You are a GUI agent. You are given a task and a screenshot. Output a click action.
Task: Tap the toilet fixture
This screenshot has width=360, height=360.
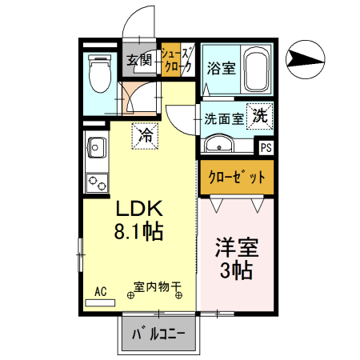pyautogui.click(x=100, y=74)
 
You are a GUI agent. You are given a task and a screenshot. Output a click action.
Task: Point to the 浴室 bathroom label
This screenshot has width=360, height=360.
pyautogui.click(x=221, y=68)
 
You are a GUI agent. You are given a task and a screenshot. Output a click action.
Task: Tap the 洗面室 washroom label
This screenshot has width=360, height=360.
pyautogui.click(x=224, y=118)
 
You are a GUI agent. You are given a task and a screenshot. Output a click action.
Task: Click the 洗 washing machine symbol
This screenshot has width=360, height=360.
pyautogui.click(x=260, y=114)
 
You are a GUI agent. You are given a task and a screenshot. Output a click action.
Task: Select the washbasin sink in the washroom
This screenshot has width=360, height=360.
pyautogui.click(x=218, y=144)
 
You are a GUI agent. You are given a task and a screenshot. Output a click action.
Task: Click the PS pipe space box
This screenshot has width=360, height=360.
pyautogui.click(x=266, y=147)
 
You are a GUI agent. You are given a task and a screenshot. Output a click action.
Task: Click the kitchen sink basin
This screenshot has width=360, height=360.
pyautogui.click(x=98, y=149)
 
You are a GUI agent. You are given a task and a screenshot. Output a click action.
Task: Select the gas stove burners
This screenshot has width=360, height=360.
pyautogui.click(x=98, y=182)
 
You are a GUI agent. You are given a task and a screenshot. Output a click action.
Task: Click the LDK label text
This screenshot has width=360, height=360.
pyautogui.click(x=140, y=210)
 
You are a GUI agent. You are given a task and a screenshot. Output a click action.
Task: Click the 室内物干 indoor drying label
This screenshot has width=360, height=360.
pyautogui.click(x=157, y=286)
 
